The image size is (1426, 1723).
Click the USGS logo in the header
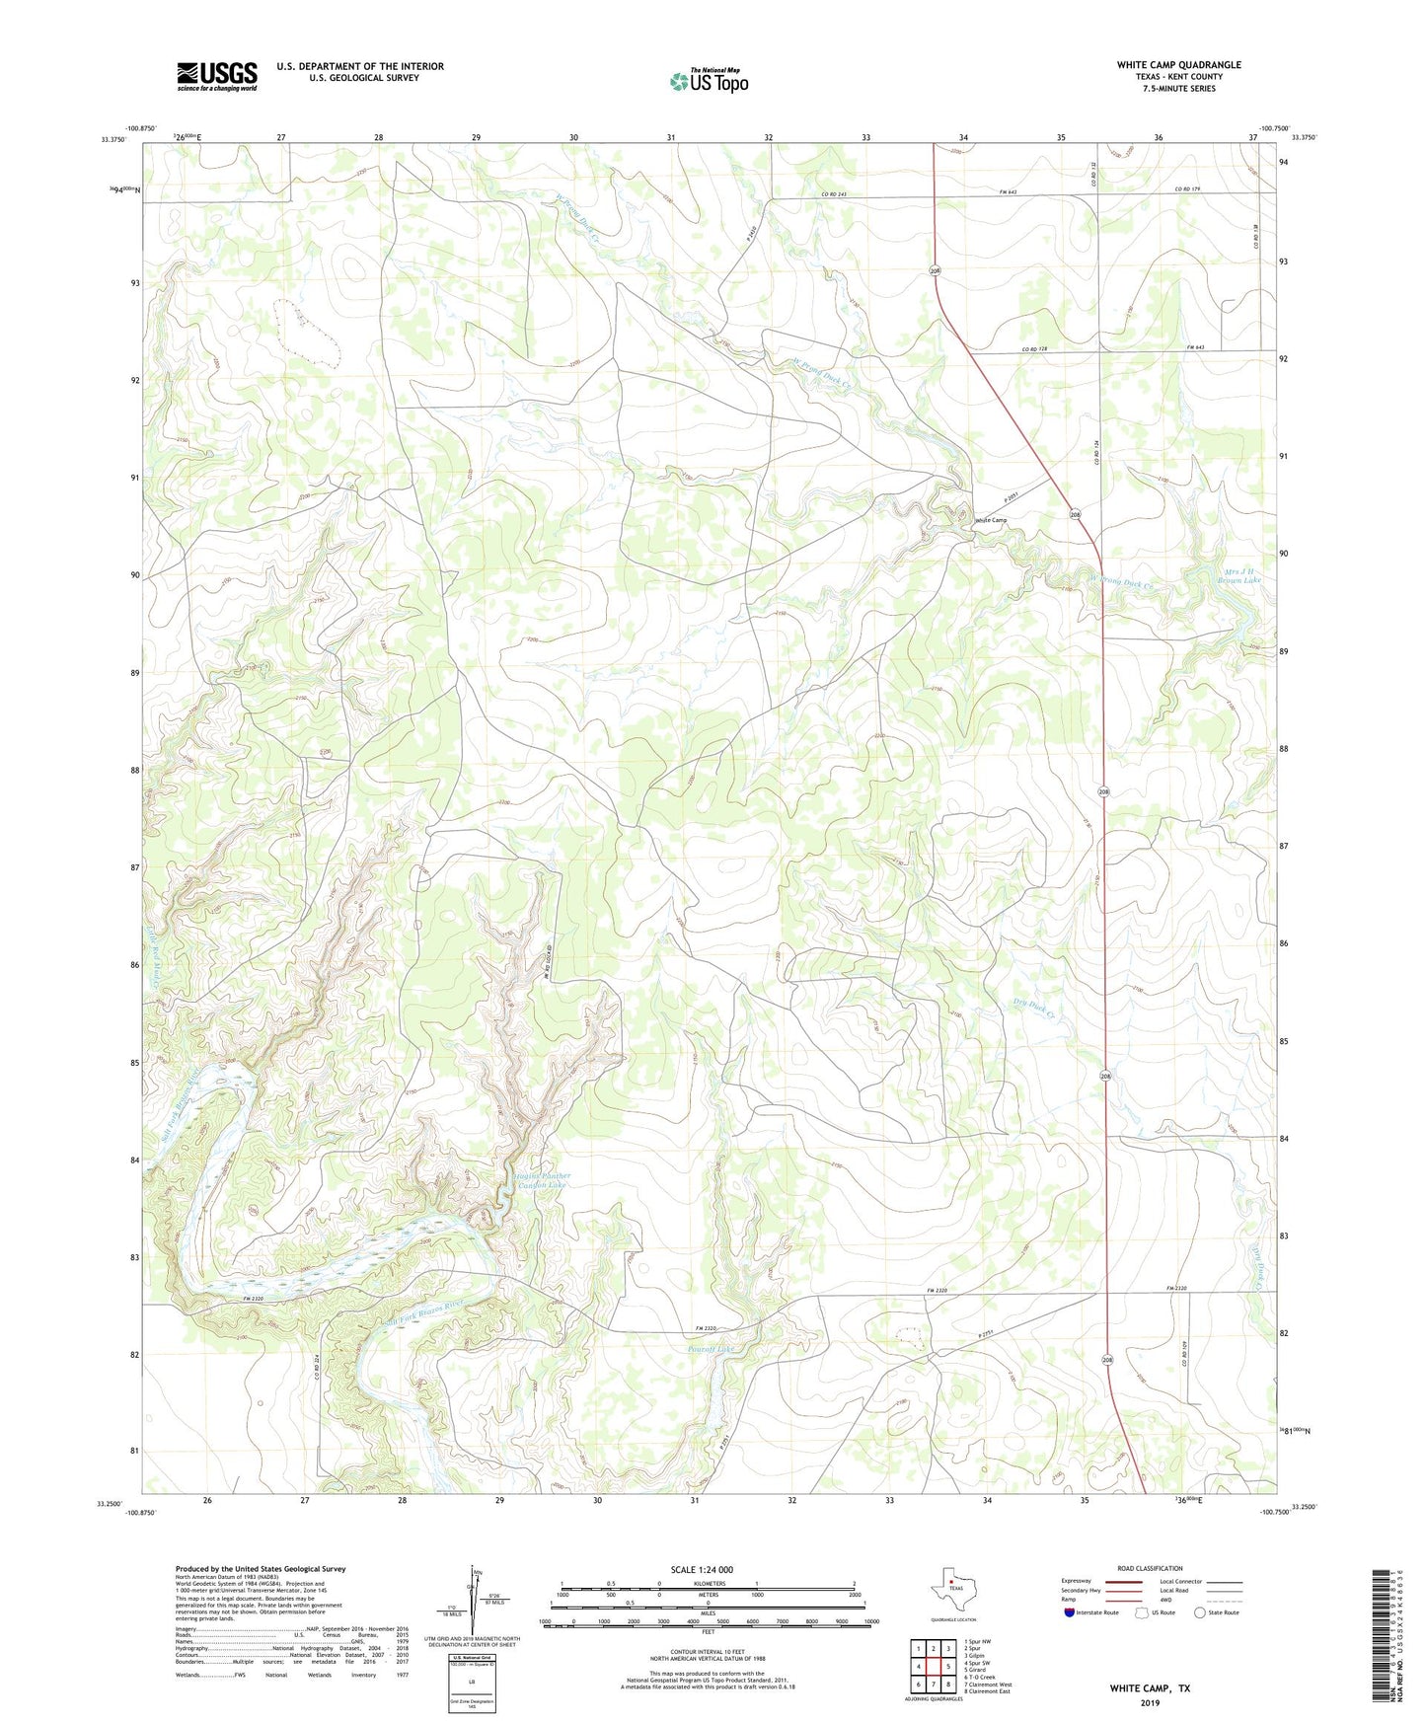pyautogui.click(x=217, y=76)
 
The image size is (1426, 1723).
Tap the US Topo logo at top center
pyautogui.click(x=709, y=81)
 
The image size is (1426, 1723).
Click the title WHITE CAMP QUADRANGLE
pyautogui.click(x=1178, y=65)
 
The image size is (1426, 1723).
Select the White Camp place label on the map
pyautogui.click(x=991, y=520)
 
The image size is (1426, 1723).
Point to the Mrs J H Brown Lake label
pyautogui.click(x=1241, y=575)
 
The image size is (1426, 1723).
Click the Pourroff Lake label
pyautogui.click(x=711, y=1349)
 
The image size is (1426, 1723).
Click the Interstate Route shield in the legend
pyautogui.click(x=1071, y=1612)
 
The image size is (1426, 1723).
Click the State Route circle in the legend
pyautogui.click(x=1200, y=1612)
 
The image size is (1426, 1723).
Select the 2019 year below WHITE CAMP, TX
pyautogui.click(x=1150, y=1702)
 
